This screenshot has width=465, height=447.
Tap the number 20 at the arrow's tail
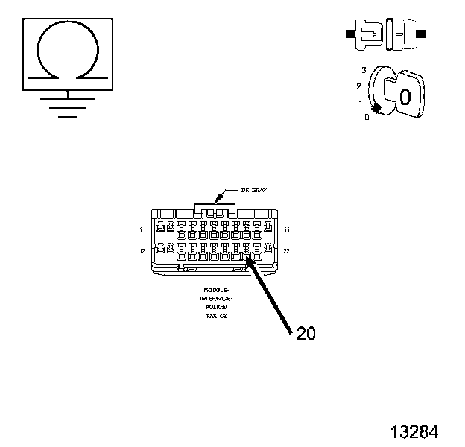coord(306,334)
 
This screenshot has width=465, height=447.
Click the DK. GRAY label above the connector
coord(242,191)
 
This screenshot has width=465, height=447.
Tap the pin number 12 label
coord(142,251)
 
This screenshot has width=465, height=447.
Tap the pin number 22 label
coord(286,251)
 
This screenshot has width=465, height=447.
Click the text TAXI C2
coord(217,315)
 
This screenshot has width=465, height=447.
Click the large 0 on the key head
coord(405,97)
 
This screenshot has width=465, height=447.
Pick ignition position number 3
coord(364,69)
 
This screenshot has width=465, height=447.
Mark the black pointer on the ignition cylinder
coord(378,110)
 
